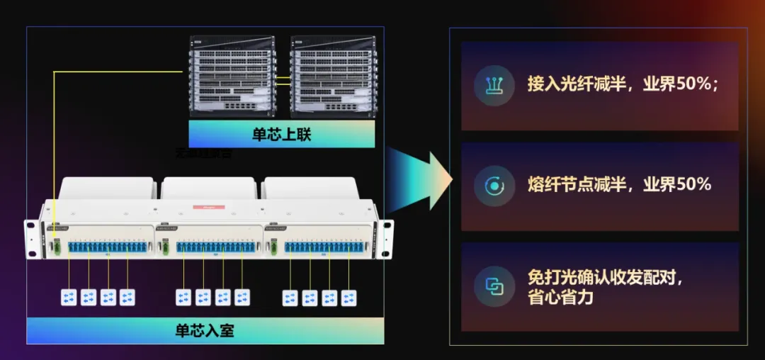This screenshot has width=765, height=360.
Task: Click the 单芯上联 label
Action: pyautogui.click(x=281, y=134)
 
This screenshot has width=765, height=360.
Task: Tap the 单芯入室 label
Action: pyautogui.click(x=205, y=330)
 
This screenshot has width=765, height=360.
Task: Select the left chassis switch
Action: pyautogui.click(x=232, y=76)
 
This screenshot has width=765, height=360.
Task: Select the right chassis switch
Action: pyautogui.click(x=334, y=76)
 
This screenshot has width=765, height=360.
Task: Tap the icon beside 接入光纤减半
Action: pyautogui.click(x=494, y=85)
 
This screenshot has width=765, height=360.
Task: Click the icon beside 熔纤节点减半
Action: pyautogui.click(x=494, y=186)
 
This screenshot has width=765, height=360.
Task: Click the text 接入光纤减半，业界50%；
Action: pyautogui.click(x=623, y=84)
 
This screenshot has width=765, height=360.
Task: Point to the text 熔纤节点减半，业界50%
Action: pyautogui.click(x=619, y=185)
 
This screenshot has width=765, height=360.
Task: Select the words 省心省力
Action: pyautogui.click(x=560, y=297)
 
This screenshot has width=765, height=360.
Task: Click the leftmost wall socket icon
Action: pyautogui.click(x=69, y=298)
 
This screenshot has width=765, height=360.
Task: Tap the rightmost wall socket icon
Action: pyautogui.click(x=348, y=298)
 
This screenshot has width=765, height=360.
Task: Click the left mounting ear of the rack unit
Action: pyautogui.click(x=31, y=240)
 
